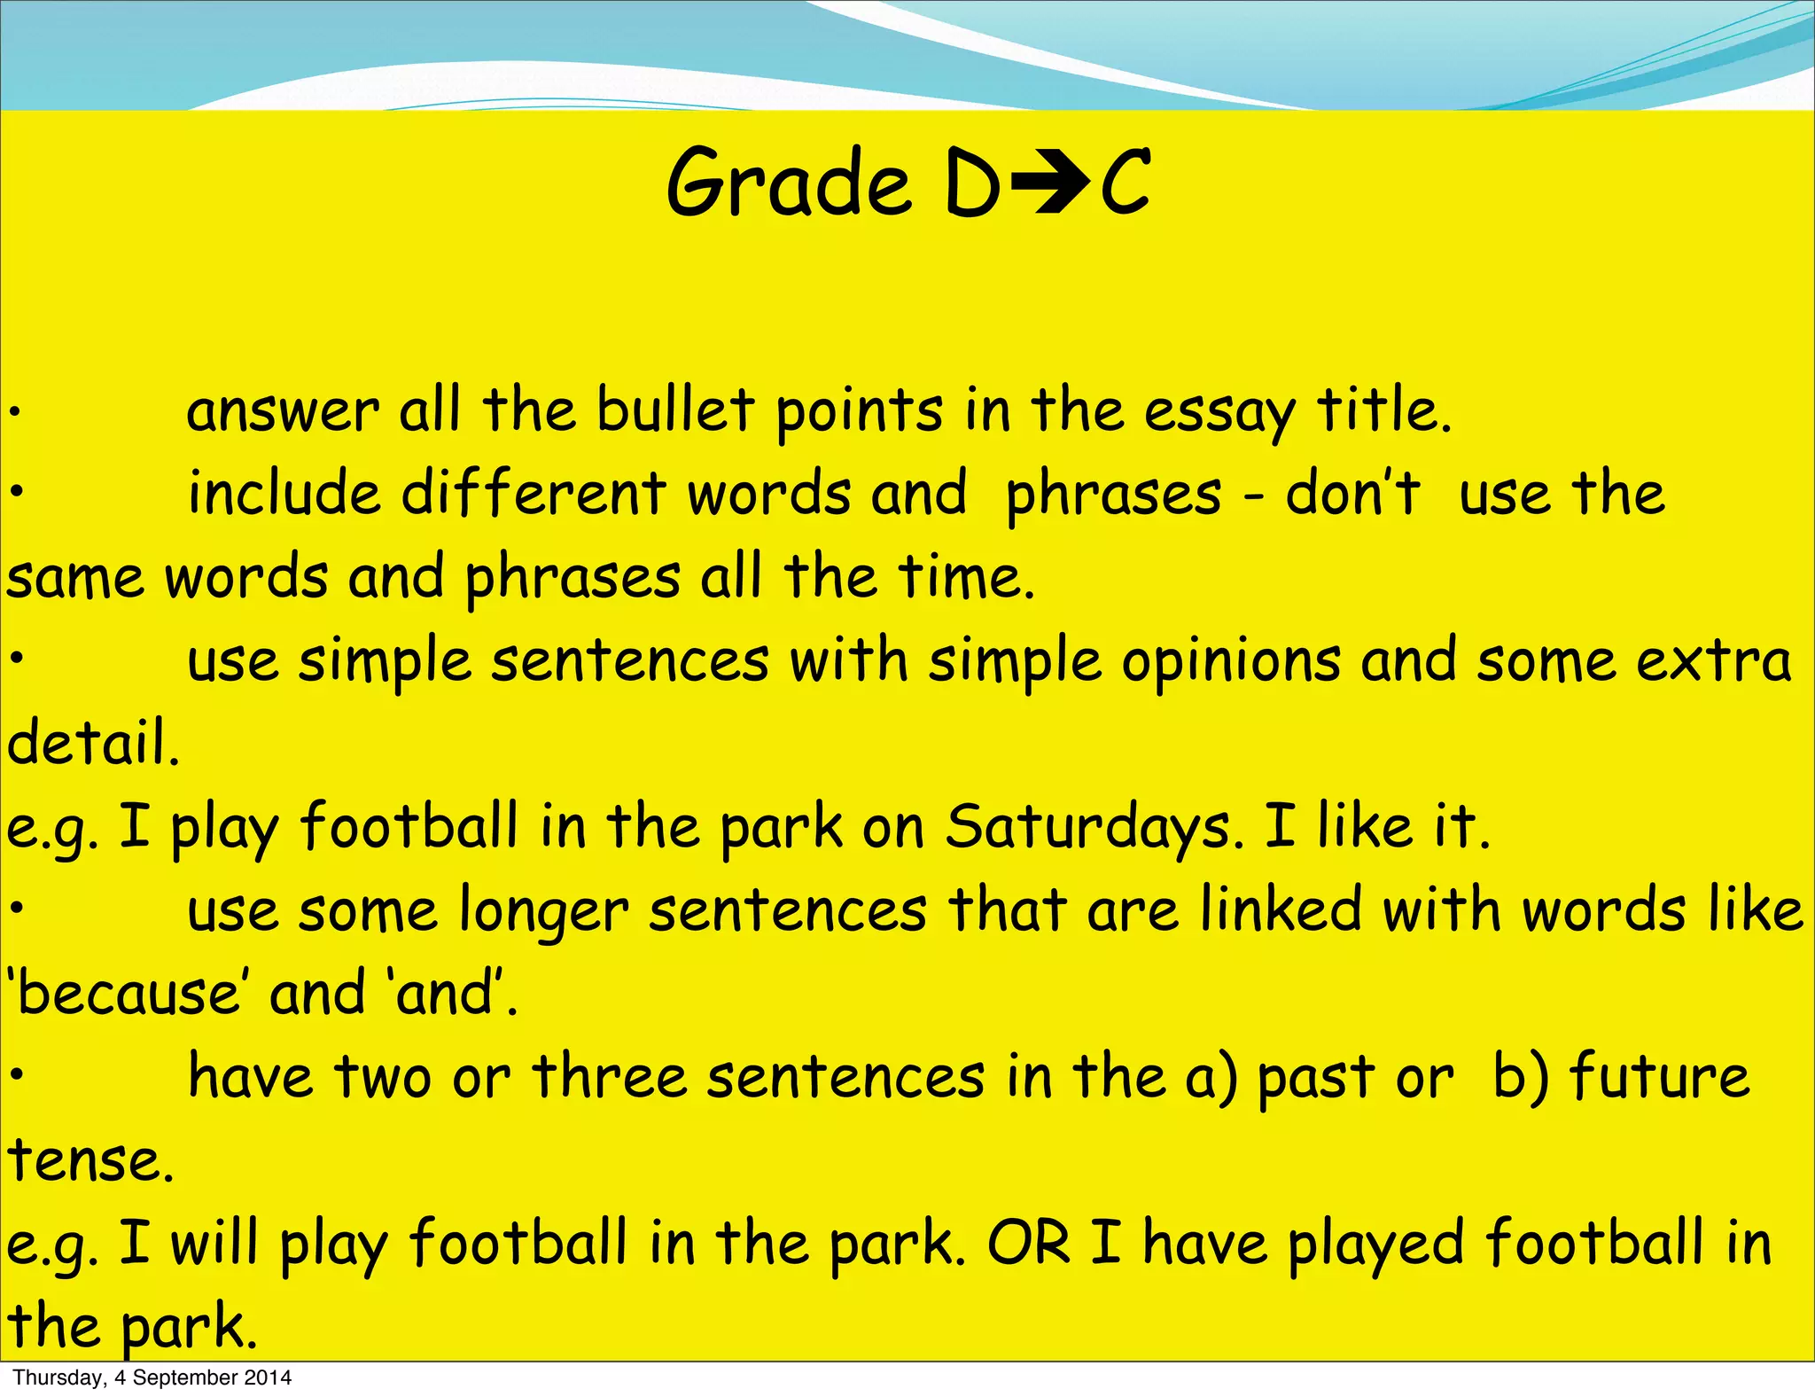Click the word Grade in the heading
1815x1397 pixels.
[x=788, y=184]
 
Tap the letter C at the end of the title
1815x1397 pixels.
[x=1126, y=184]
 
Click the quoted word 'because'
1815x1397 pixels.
[x=124, y=993]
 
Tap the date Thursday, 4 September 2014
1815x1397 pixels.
[x=152, y=1377]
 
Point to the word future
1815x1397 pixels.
[x=1659, y=1077]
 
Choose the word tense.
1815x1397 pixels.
[x=90, y=1160]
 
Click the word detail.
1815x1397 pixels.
[x=93, y=743]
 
